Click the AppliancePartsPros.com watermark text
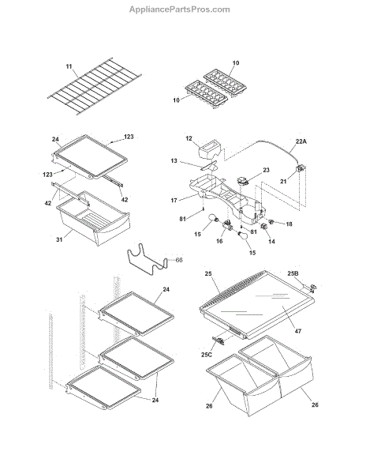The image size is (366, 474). pos(180,9)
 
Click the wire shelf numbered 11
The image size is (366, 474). pos(95,86)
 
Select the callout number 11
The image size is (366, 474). pos(69,66)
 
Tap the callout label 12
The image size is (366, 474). pos(189,138)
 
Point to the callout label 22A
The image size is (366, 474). pos(301,141)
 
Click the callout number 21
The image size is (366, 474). pos(283,182)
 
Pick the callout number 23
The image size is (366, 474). pos(266,170)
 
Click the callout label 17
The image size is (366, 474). pos(174,200)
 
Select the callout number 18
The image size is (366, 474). pos(289,224)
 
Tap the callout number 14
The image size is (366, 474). pos(271,242)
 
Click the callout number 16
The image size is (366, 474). pos(219,241)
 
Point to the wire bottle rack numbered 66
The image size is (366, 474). pos(148,259)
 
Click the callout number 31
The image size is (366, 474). pos(59,239)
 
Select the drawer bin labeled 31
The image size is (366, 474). pos(93,218)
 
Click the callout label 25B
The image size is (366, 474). pos(293,273)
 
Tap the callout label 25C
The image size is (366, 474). pos(207,355)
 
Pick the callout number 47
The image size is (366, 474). pos(298,331)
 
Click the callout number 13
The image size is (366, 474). pos(174,160)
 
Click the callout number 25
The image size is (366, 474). pos(208,274)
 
